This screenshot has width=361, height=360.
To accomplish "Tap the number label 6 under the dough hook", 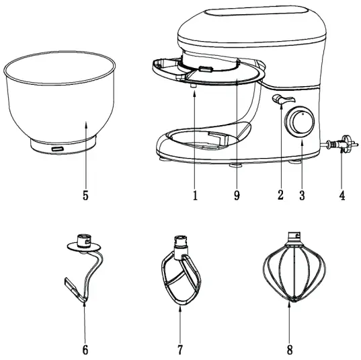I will [85, 349].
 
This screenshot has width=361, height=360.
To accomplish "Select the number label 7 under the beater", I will [179, 349].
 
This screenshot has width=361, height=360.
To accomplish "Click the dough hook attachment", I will [84, 269].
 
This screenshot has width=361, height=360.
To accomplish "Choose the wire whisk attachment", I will [291, 273].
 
